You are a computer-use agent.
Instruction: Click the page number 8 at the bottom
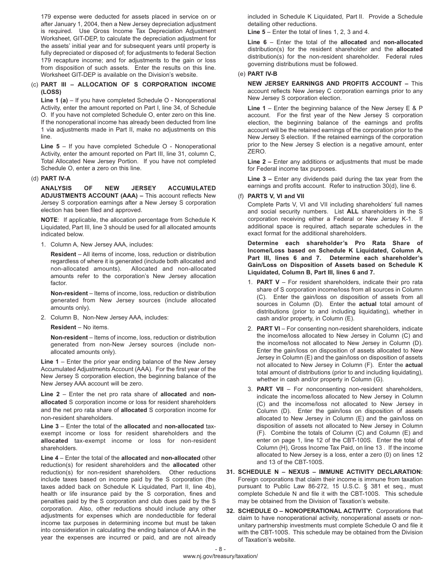pos(220,549)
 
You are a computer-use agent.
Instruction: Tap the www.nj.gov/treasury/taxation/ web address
pos(220,556)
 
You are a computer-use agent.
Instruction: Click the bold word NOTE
pos(49,219)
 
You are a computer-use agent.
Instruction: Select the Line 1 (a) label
pos(54,100)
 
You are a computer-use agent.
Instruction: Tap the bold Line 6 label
pos(257,42)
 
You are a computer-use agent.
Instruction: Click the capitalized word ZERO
pos(257,152)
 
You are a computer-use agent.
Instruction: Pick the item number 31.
pos(230,472)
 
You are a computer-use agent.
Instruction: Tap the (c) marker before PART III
pos(34,84)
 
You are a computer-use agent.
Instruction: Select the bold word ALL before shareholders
pos(353,212)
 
